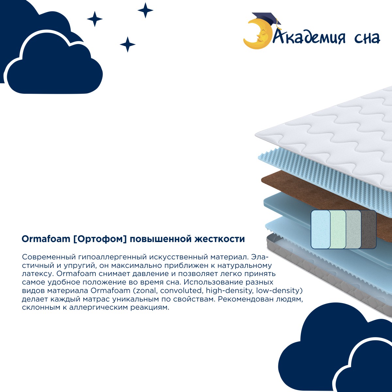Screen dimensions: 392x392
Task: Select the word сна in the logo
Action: click(x=367, y=38)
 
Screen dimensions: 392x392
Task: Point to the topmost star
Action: click(x=145, y=10)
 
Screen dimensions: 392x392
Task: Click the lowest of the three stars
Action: click(x=127, y=44)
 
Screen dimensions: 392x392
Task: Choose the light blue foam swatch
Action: click(x=320, y=229)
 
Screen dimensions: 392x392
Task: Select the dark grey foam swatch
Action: click(x=368, y=229)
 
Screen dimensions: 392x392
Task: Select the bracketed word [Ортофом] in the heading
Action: click(x=100, y=239)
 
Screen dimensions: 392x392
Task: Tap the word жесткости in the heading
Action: click(x=220, y=239)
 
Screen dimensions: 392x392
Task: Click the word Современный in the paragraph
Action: click(x=49, y=257)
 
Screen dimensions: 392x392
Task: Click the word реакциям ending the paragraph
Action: click(x=150, y=308)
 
